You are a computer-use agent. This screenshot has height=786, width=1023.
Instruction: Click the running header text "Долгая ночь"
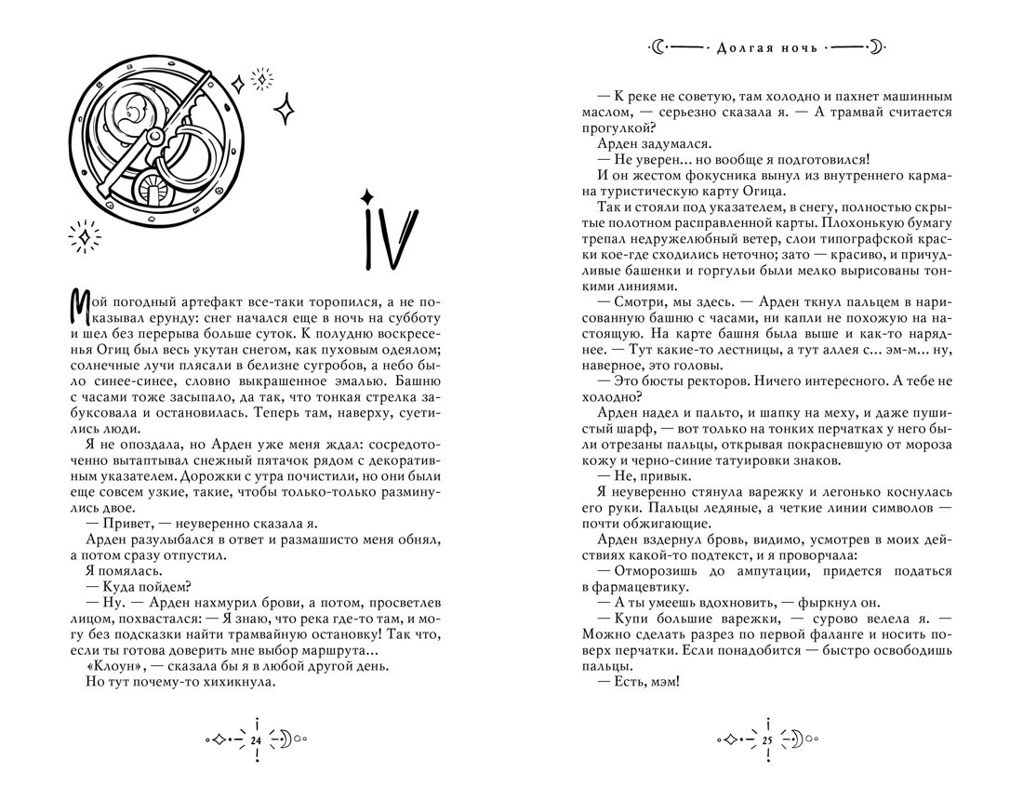(x=767, y=46)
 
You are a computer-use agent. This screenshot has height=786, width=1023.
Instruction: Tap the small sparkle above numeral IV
(x=367, y=194)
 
